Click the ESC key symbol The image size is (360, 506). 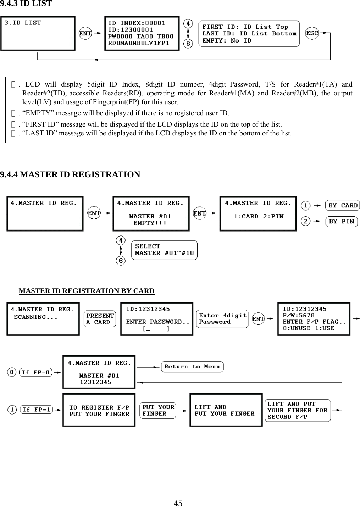point(312,33)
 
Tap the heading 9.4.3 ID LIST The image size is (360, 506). point(26,4)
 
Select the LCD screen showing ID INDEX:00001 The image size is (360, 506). point(142,33)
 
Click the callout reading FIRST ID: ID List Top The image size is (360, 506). point(249,34)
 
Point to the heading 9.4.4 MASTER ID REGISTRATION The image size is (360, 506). point(70,174)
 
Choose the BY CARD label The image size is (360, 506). point(343,206)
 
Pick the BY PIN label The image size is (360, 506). point(341,222)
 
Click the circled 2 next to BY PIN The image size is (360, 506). point(306,222)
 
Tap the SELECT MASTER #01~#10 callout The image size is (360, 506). point(165,250)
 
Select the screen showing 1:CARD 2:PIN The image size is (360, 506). point(258,213)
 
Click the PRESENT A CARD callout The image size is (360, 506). point(100,319)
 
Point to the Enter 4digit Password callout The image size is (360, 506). point(222,319)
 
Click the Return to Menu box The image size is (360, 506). point(192,367)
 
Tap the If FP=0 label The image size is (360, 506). point(36,372)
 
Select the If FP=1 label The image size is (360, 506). point(36,410)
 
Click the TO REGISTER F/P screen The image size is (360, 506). point(99,410)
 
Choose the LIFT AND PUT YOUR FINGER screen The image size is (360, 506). point(226,410)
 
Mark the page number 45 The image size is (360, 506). point(178,502)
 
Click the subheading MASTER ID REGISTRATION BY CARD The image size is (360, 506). point(87,291)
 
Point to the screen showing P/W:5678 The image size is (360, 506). point(314,319)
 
